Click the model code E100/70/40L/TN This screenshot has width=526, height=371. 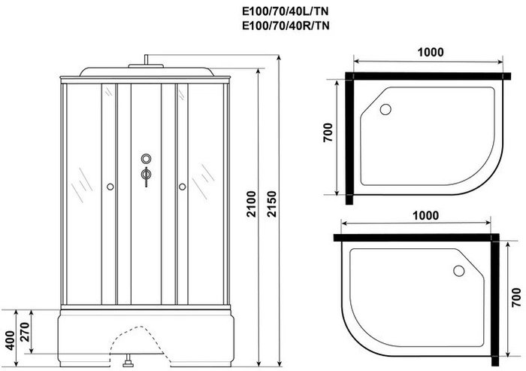(285, 12)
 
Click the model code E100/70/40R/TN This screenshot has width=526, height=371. (286, 26)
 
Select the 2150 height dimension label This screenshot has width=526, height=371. (272, 204)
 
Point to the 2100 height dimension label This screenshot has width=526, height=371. (252, 204)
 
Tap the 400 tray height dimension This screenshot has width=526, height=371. (11, 340)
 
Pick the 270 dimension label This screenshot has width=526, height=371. (25, 332)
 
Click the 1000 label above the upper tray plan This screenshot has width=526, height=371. (431, 52)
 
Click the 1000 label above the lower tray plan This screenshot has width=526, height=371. (425, 215)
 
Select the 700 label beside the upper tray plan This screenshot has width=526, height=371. (328, 132)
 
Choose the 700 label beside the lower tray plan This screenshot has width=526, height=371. (517, 297)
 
